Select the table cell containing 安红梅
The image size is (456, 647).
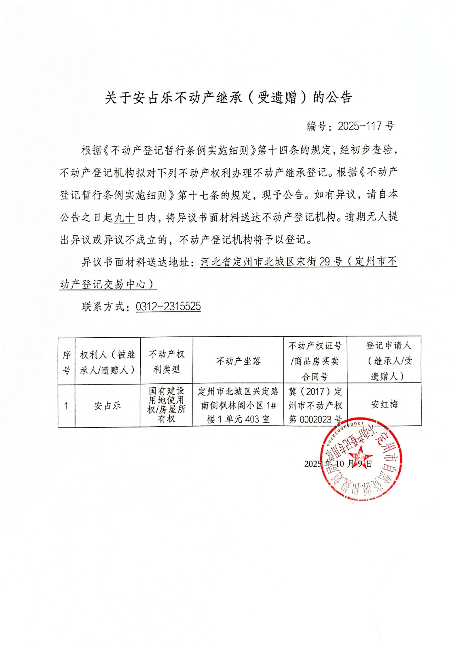[384, 405]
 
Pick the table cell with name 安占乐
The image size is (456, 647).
[107, 406]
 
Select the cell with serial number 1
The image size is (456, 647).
[66, 406]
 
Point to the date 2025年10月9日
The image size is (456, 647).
[338, 464]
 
